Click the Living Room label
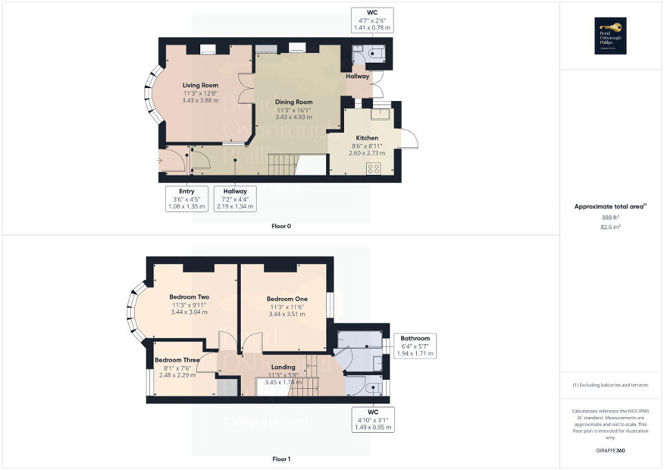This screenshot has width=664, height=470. pos(200,85)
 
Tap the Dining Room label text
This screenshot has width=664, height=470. pos(294,102)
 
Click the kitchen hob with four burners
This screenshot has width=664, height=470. pos(374,168)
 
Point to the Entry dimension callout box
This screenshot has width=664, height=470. pos(186,199)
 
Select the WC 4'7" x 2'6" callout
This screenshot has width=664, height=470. pos(372,20)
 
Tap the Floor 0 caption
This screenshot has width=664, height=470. pos(281,226)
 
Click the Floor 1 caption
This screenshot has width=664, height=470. pos(281,458)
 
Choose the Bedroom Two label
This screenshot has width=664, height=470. pos(189,297)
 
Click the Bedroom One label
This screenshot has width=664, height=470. pos(286,299)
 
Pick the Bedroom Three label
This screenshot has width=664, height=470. pos(177,360)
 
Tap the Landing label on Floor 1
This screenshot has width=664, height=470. pos(283,367)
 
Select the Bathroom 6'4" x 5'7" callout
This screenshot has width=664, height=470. pos(415,345)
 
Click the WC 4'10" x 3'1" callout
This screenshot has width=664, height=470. pos(372,420)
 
